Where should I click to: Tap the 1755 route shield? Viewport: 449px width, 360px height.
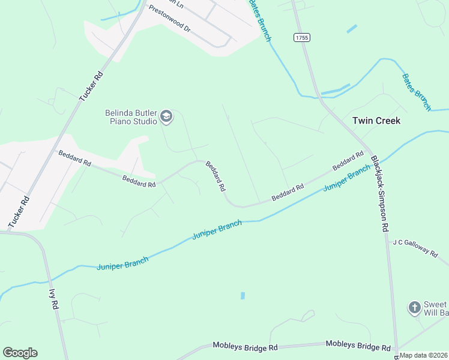click(301, 38)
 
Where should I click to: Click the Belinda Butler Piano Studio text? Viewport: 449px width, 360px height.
click(131, 116)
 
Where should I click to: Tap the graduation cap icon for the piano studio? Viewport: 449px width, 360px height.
click(167, 117)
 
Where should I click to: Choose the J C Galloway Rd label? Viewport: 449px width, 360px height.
click(415, 247)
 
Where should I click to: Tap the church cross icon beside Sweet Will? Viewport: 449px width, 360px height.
click(414, 308)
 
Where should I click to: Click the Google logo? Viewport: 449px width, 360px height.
click(20, 353)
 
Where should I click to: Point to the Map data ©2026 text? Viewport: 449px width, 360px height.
click(424, 355)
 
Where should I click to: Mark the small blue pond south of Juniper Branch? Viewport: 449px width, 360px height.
click(243, 296)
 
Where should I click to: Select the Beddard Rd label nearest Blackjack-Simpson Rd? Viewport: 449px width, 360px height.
click(348, 160)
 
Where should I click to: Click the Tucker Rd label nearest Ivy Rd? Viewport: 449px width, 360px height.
click(18, 212)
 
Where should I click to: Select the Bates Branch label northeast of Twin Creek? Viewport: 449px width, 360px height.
click(417, 91)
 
